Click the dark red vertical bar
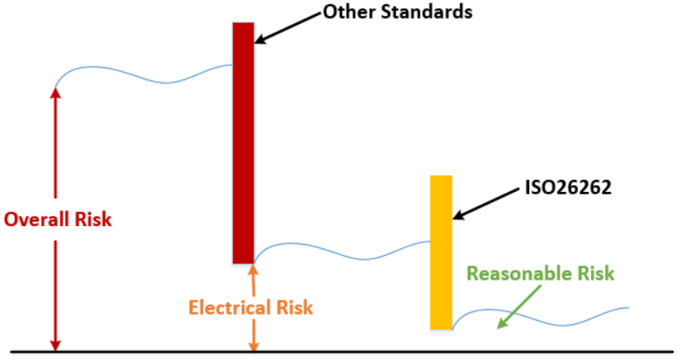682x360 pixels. (243, 142)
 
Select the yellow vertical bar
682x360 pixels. (441, 252)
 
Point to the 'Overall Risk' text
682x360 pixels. (57, 219)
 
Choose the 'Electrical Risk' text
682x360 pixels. (251, 307)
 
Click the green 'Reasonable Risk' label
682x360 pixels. (540, 274)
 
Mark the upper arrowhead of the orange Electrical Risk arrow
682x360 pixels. (252, 270)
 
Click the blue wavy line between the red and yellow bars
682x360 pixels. (341, 251)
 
